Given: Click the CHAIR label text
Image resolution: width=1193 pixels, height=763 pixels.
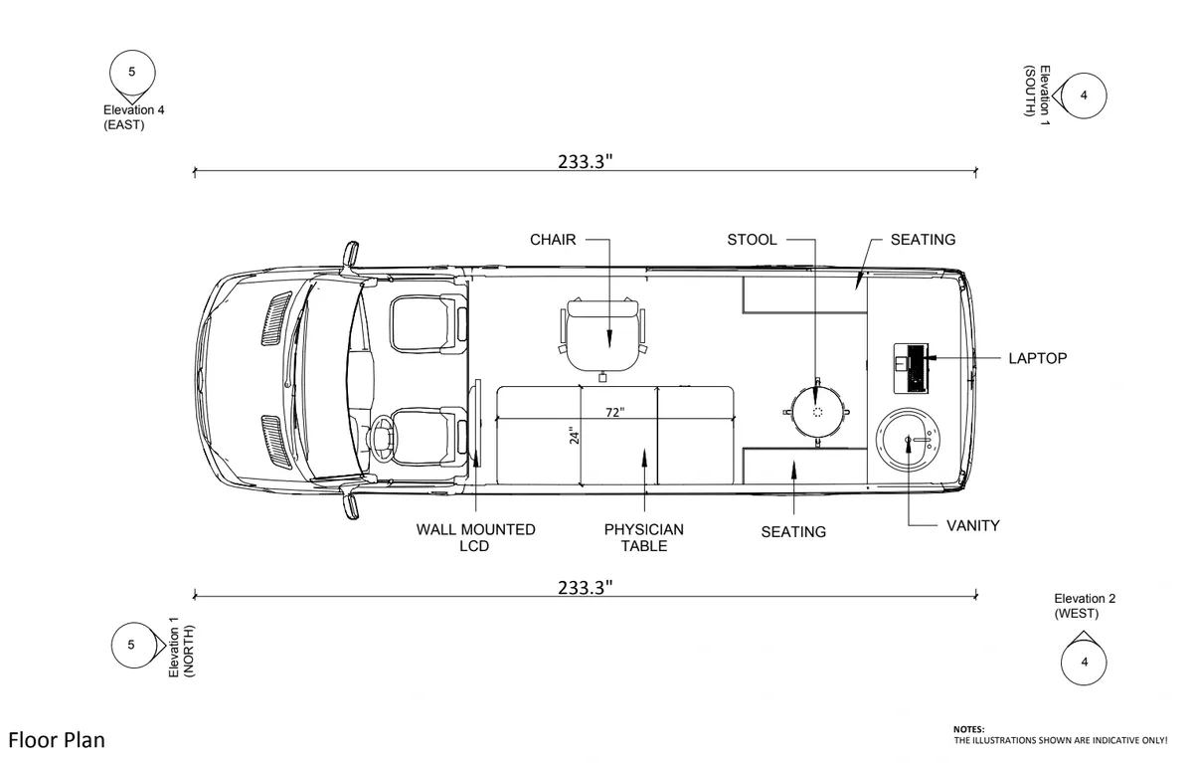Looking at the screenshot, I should (x=553, y=240).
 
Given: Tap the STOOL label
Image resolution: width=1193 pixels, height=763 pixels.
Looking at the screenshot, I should (x=752, y=240).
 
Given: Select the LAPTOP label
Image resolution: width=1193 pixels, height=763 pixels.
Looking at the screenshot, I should (x=1037, y=358).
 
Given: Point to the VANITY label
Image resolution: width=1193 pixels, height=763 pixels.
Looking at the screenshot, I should (x=972, y=525).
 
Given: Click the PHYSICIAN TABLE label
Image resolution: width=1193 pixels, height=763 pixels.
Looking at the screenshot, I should (x=643, y=537).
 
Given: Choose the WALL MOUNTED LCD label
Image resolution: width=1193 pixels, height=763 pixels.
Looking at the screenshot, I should (x=475, y=537).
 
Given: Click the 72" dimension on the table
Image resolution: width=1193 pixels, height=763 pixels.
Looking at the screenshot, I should (x=615, y=412).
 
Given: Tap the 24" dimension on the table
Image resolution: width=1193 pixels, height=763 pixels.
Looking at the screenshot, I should (x=575, y=436).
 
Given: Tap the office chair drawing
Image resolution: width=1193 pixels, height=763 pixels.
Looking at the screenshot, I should (x=603, y=333).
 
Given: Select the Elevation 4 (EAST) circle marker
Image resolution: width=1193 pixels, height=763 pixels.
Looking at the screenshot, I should (x=133, y=72).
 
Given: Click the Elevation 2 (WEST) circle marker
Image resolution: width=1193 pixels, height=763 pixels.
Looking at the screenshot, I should (x=1084, y=662).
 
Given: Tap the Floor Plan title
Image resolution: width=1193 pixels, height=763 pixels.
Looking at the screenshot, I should (x=57, y=740).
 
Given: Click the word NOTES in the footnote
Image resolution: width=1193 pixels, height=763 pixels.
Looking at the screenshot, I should (x=969, y=729).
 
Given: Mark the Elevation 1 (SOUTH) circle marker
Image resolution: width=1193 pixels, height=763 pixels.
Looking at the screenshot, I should (x=1083, y=95).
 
